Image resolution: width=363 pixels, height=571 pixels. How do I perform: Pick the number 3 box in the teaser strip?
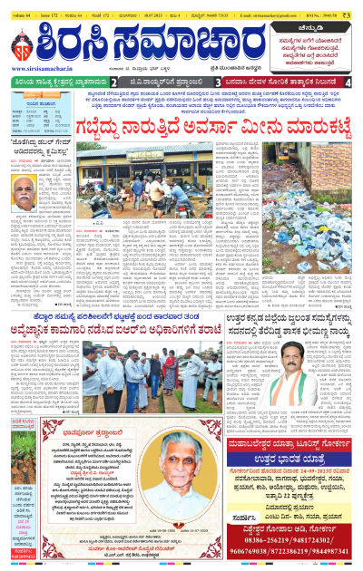click(218, 82)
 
